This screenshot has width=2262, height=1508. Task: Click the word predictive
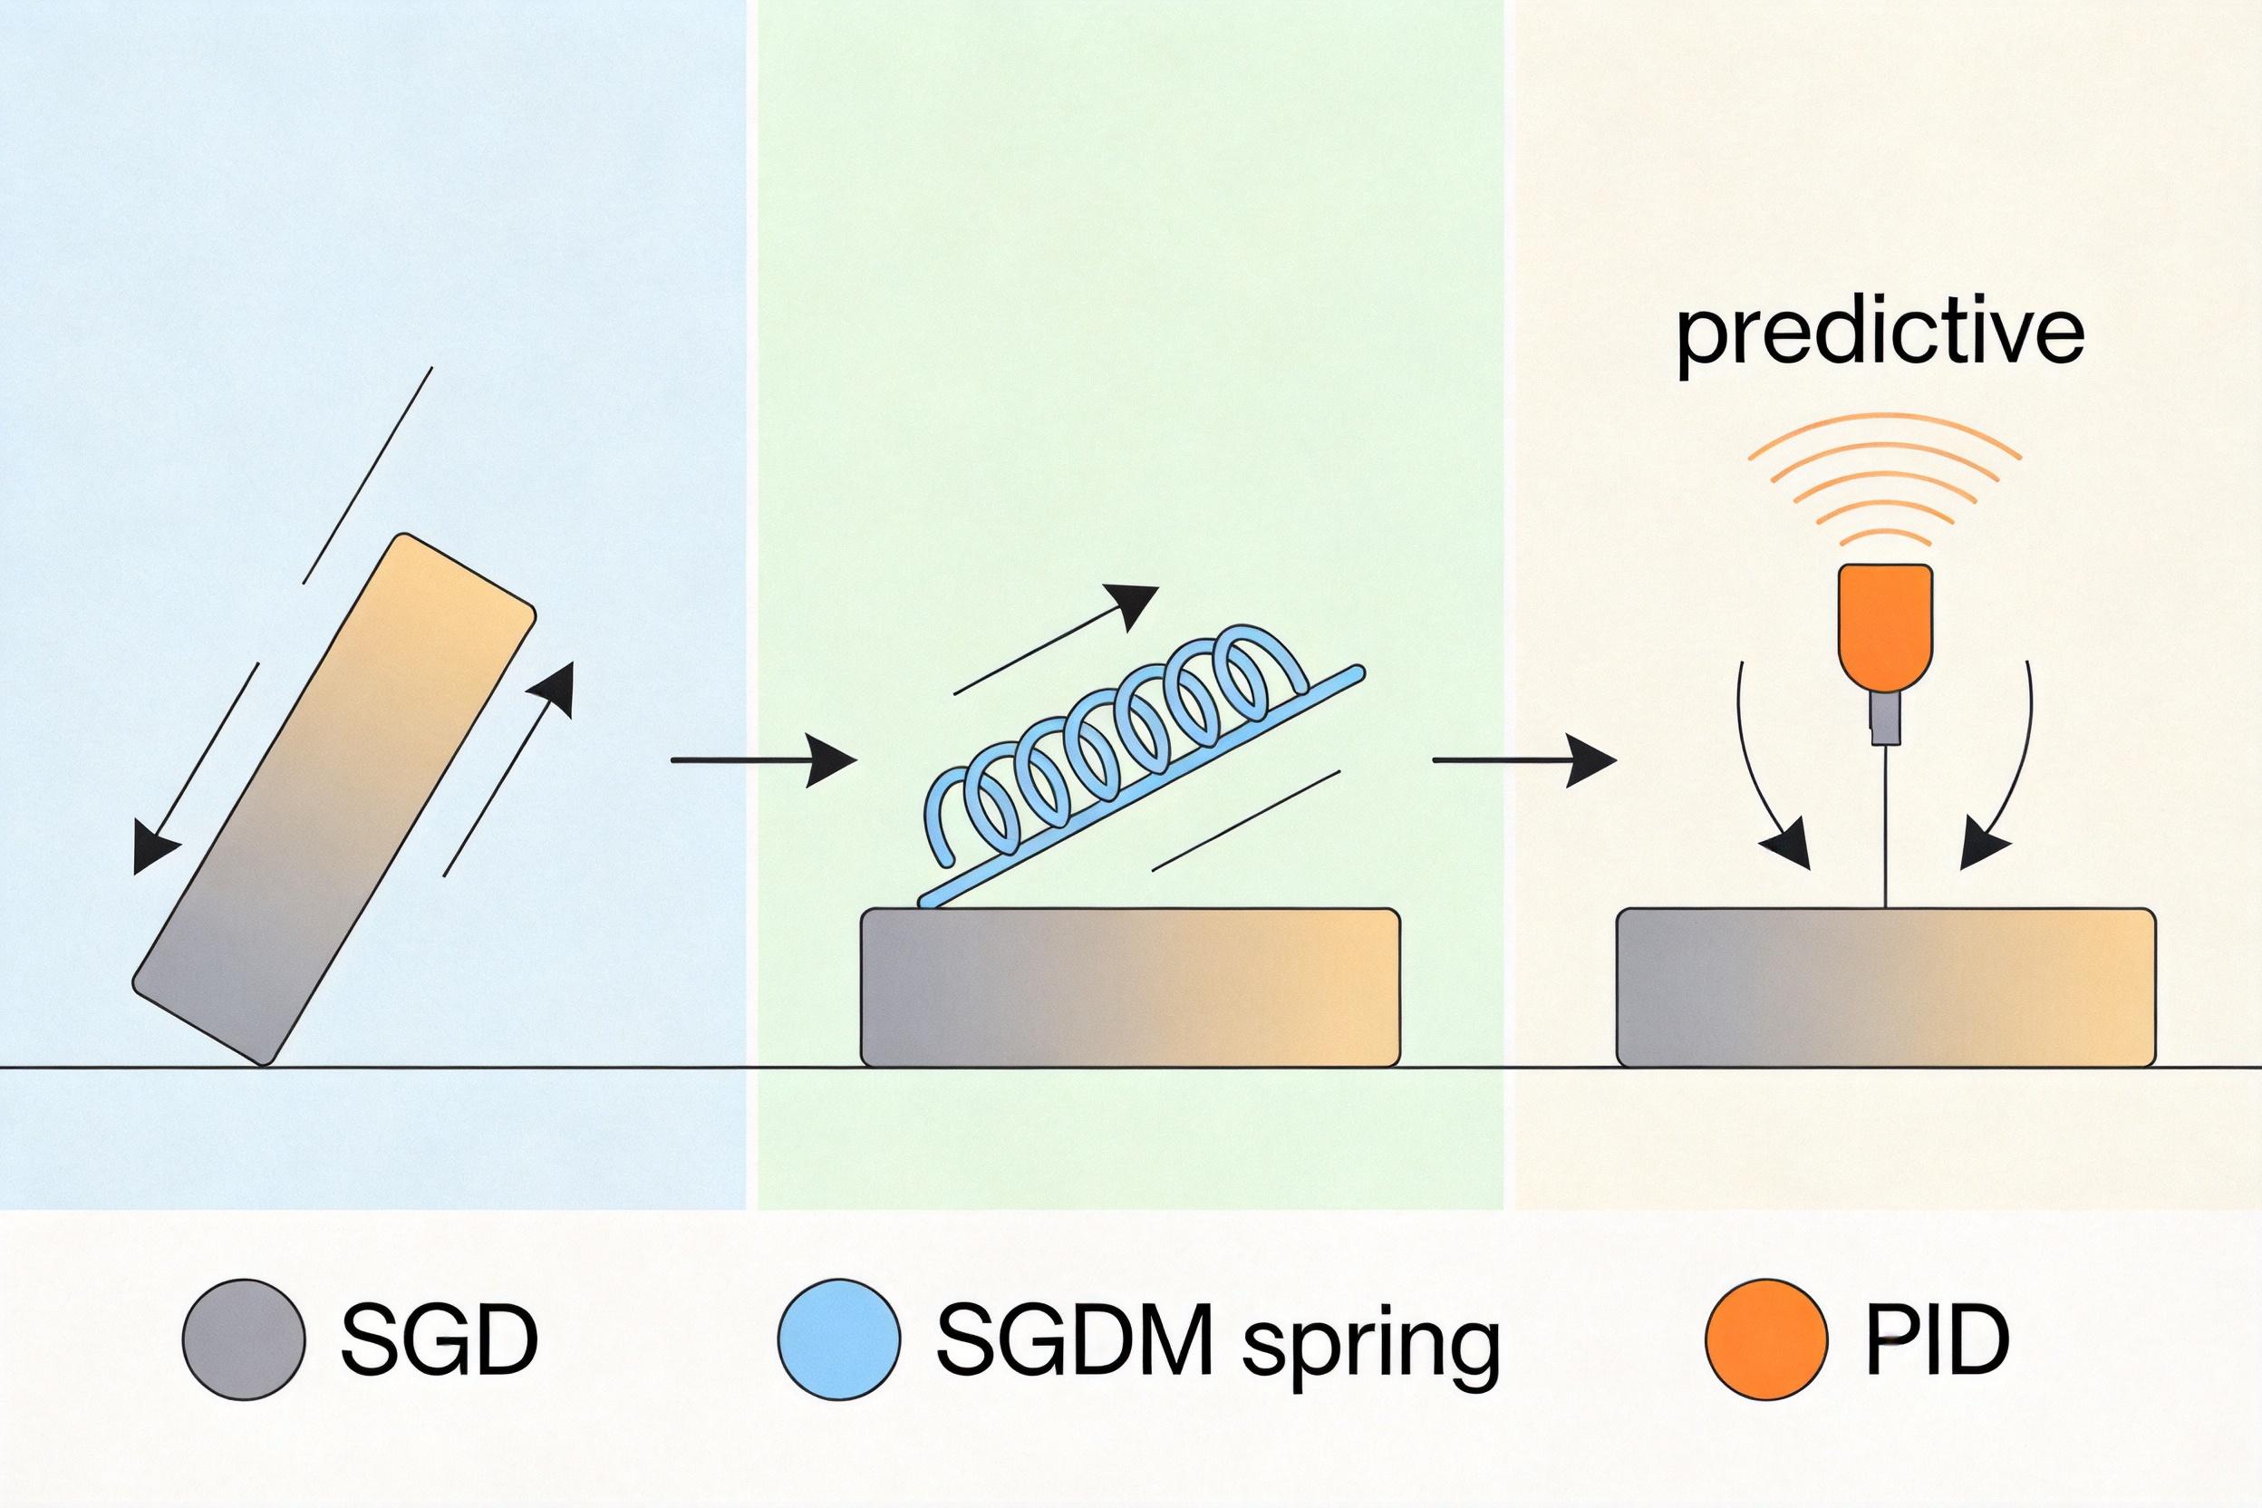1880,336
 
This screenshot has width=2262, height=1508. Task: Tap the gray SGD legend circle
245,1338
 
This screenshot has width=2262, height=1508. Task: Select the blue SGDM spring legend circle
839,1338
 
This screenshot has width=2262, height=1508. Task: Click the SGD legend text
440,1339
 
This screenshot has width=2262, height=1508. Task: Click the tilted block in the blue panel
333,800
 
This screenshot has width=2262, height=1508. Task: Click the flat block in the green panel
1130,987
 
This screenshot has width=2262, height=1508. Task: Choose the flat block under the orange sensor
1886,987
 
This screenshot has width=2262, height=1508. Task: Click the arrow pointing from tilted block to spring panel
763,759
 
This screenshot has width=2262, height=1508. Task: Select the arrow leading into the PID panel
1525,759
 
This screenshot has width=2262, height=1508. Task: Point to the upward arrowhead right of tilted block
553,689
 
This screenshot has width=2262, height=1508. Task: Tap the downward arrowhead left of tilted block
154,850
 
